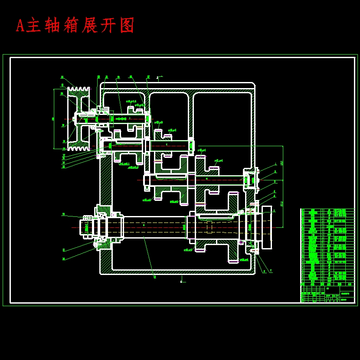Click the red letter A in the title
click(x=20, y=26)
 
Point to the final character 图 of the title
click(x=127, y=26)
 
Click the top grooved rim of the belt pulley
click(x=79, y=91)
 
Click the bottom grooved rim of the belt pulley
click(x=79, y=147)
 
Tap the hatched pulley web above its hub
click(x=79, y=104)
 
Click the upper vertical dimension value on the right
click(x=282, y=163)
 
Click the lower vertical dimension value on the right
click(x=282, y=203)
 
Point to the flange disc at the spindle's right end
click(x=267, y=227)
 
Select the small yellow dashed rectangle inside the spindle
click(x=209, y=227)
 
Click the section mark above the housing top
click(x=159, y=78)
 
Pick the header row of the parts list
click(x=327, y=284)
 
